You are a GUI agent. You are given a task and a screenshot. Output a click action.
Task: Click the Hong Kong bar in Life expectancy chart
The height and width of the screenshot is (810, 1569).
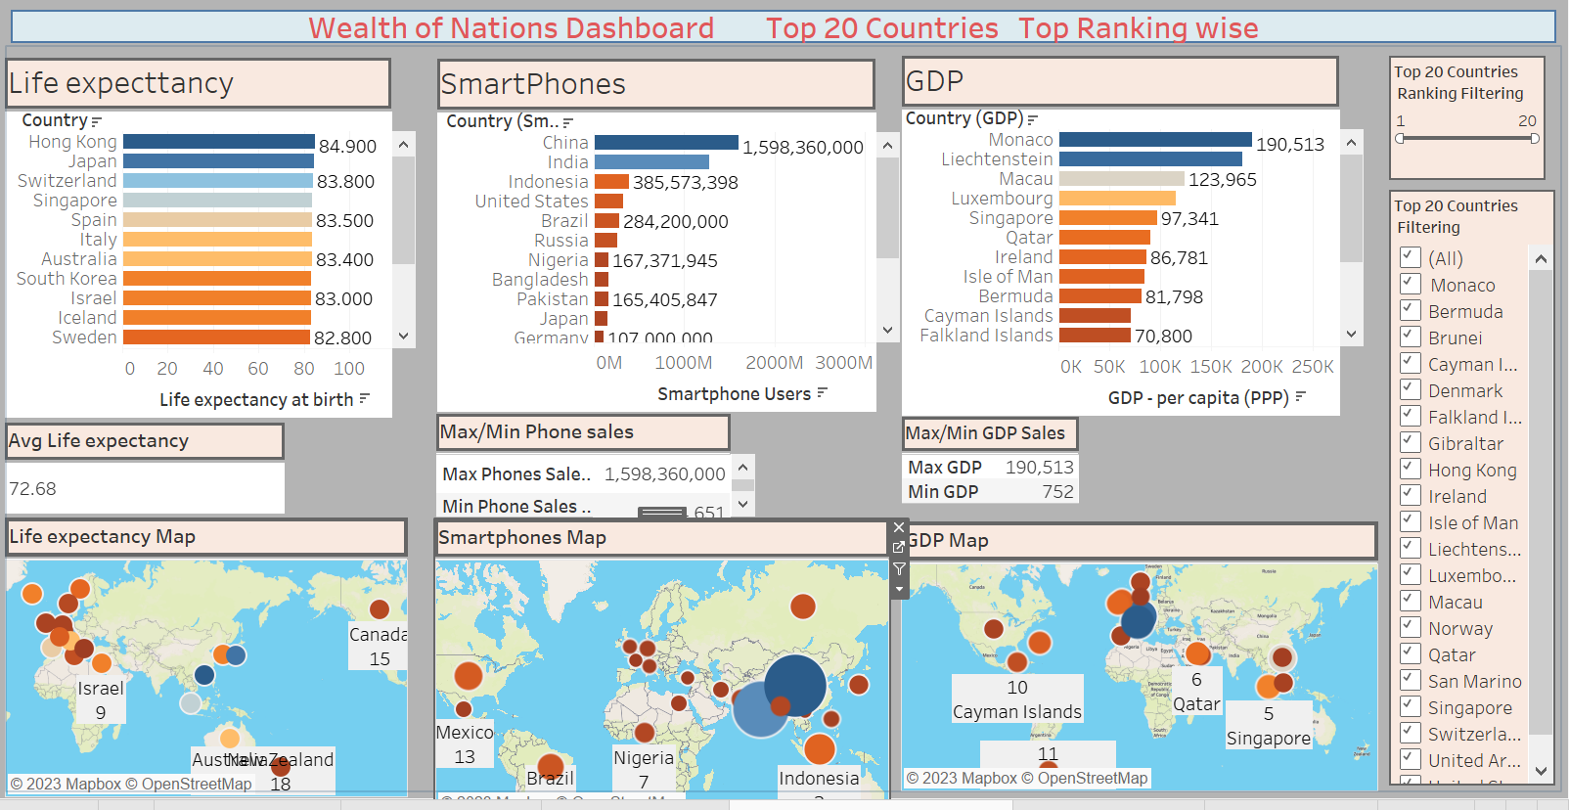218,142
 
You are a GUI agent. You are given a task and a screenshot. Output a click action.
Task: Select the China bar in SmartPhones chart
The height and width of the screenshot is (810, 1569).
665,143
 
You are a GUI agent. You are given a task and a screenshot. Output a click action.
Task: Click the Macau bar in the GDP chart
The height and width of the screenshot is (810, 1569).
1121,179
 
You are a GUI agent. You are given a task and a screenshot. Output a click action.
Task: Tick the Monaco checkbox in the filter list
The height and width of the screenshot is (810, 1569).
1411,284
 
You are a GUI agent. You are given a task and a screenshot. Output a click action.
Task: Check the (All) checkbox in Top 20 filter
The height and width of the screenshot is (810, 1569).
1411,257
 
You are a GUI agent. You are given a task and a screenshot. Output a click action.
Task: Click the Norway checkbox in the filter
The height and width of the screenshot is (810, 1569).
1411,627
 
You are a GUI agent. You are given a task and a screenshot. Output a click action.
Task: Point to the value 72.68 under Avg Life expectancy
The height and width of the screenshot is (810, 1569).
33,488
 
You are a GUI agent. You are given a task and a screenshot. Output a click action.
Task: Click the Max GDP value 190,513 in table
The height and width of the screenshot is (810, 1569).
1039,468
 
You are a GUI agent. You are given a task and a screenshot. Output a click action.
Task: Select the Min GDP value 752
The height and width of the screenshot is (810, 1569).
1057,492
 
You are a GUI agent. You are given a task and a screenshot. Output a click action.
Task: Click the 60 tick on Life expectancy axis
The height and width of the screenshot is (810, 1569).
258,369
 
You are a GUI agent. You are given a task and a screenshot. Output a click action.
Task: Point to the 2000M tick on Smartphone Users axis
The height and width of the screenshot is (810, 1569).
774,363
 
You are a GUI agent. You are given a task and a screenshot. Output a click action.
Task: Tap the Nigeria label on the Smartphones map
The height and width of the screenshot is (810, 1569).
643,757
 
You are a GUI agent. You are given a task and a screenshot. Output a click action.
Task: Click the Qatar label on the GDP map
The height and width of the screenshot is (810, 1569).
1196,704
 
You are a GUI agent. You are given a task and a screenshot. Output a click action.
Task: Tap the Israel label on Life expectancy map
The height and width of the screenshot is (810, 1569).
101,689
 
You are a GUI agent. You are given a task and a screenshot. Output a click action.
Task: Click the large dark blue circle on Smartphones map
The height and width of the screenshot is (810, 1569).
795,685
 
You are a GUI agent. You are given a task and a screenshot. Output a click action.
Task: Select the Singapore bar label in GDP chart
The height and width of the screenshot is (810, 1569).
1010,218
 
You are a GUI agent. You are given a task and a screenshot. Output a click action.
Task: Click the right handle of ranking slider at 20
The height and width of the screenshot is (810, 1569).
1535,139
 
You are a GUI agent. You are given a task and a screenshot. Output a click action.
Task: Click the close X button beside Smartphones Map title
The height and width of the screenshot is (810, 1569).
899,528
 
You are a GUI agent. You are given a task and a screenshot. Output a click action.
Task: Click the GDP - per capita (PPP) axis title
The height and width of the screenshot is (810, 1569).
1197,398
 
